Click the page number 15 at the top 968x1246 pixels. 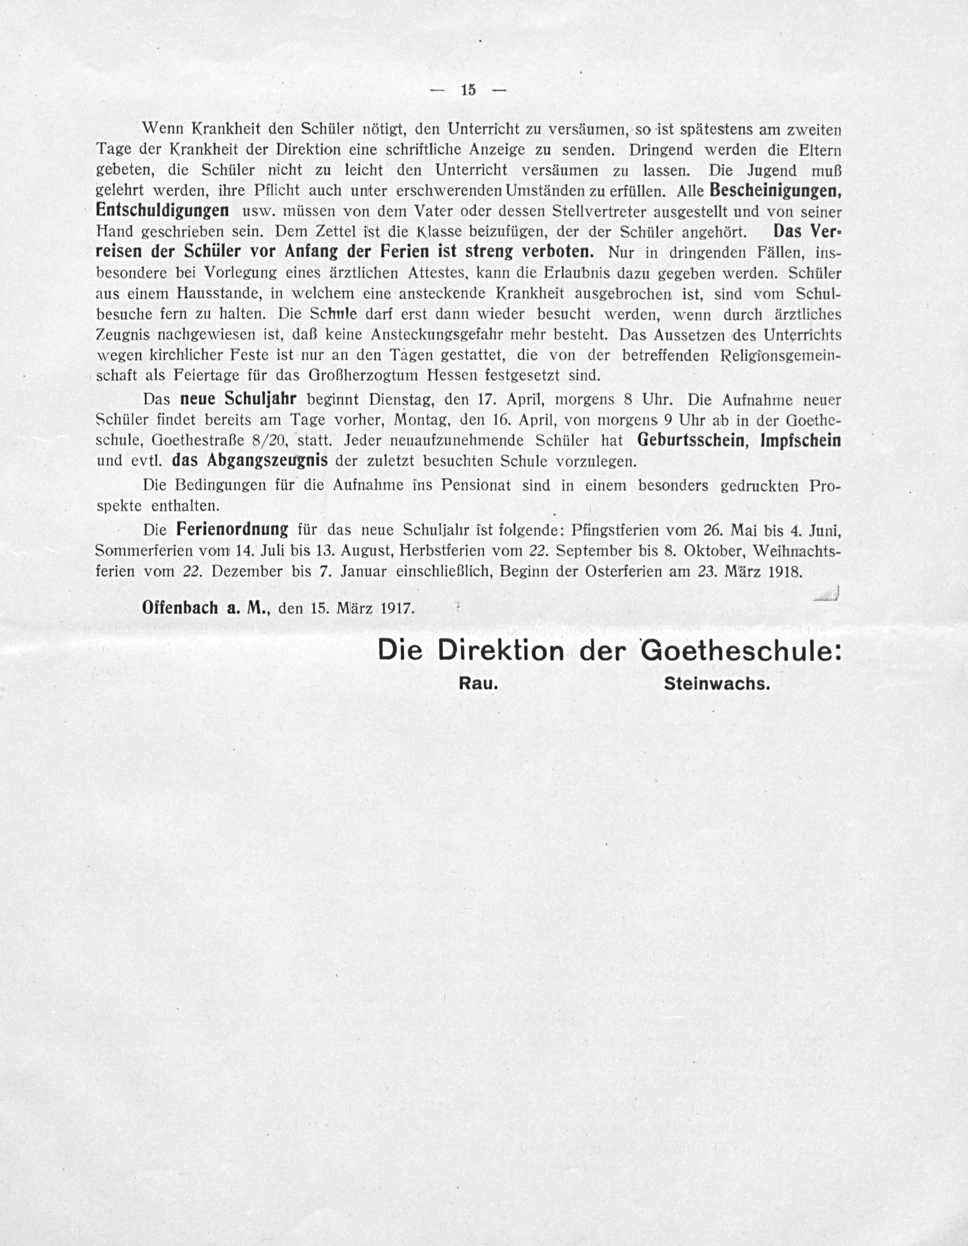point(468,90)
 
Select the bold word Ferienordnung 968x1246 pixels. point(232,529)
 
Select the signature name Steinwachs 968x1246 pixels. point(717,684)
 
